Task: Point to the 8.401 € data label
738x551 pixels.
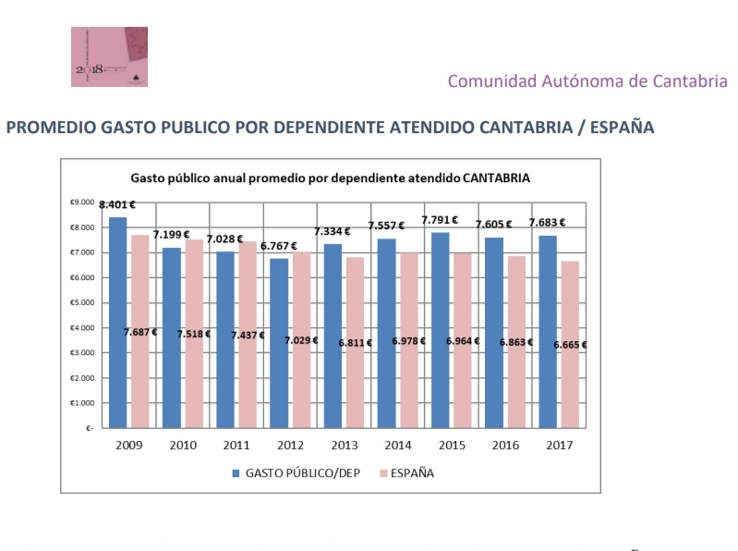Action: tap(117, 205)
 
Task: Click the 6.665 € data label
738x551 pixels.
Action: tap(570, 345)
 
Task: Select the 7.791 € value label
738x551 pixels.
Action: tap(441, 220)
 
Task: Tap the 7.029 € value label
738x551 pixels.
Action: tap(300, 339)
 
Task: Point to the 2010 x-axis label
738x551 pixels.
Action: tap(181, 446)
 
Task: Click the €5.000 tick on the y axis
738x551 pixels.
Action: tap(83, 302)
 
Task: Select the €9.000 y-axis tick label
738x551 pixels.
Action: tap(83, 202)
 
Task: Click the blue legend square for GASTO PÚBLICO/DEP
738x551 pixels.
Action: tap(236, 473)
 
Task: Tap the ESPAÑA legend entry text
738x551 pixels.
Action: tap(412, 473)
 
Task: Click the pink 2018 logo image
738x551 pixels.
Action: tap(109, 56)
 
